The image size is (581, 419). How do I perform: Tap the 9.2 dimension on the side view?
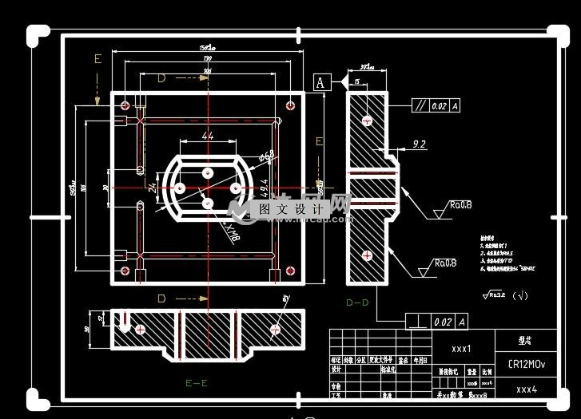pyautogui.click(x=419, y=144)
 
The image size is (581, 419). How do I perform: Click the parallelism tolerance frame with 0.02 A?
pyautogui.click(x=436, y=105)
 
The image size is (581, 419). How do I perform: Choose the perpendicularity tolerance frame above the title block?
pyautogui.click(x=436, y=322)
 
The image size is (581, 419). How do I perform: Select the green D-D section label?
pyautogui.click(x=357, y=302)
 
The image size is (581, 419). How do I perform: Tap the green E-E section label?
pyautogui.click(x=196, y=382)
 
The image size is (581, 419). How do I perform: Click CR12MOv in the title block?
pyautogui.click(x=527, y=364)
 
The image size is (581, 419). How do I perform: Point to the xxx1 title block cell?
pyautogui.click(x=461, y=349)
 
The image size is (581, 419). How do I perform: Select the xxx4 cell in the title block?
pyautogui.click(x=526, y=389)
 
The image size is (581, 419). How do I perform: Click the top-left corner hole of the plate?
pyautogui.click(x=125, y=104)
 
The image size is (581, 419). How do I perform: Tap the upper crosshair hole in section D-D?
pyautogui.click(x=366, y=121)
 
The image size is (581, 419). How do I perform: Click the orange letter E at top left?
pyautogui.click(x=97, y=59)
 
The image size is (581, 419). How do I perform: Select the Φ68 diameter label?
pyautogui.click(x=268, y=153)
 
